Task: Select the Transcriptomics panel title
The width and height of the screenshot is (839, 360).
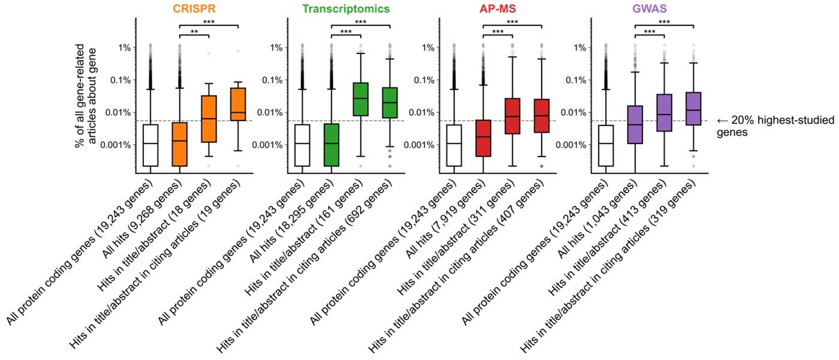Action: point(345,9)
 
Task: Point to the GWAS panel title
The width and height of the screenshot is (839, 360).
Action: point(649,9)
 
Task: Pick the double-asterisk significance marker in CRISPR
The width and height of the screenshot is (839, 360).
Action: point(194,31)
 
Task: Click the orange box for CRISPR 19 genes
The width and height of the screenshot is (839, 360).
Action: point(238,104)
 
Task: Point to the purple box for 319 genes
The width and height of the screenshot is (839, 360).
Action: point(694,109)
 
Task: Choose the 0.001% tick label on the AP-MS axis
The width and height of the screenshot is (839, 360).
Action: point(420,145)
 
